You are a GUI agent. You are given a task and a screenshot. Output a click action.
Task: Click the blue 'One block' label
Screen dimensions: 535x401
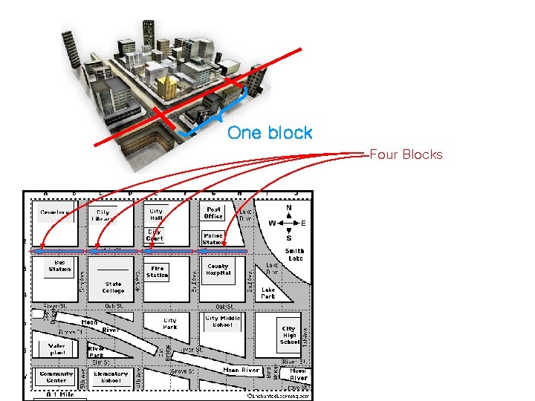point(270,133)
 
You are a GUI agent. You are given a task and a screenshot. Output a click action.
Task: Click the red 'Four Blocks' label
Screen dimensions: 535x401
point(406,154)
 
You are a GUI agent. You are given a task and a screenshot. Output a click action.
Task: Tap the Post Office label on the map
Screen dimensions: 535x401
point(214,213)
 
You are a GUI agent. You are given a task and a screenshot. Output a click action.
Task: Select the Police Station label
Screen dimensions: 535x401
point(213,239)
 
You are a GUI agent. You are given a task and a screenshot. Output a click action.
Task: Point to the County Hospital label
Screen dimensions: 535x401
point(218,270)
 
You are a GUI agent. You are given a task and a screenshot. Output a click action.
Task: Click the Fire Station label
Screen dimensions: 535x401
point(158,272)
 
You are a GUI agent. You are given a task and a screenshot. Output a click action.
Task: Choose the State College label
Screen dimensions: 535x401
point(114,287)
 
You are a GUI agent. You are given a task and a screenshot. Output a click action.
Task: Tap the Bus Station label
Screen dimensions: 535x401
point(59,265)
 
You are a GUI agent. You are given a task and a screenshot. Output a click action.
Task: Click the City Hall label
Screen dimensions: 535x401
point(156,215)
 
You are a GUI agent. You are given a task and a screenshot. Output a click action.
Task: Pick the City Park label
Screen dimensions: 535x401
point(170,324)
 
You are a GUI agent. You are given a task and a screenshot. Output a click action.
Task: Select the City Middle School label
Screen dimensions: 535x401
point(223,322)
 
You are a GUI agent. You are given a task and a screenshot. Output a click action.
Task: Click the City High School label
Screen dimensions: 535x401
point(289,335)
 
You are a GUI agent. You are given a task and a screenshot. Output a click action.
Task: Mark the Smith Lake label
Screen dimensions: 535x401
point(294,255)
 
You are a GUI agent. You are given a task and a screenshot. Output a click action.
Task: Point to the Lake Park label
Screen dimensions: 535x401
point(268,293)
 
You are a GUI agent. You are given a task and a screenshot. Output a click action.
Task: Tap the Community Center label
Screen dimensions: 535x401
point(56,377)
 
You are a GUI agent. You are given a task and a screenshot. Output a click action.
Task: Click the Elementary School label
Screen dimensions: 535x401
point(111,377)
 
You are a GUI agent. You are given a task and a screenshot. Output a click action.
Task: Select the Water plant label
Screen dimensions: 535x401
point(56,349)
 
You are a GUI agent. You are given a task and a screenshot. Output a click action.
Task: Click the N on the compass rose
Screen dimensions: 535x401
point(288,208)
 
